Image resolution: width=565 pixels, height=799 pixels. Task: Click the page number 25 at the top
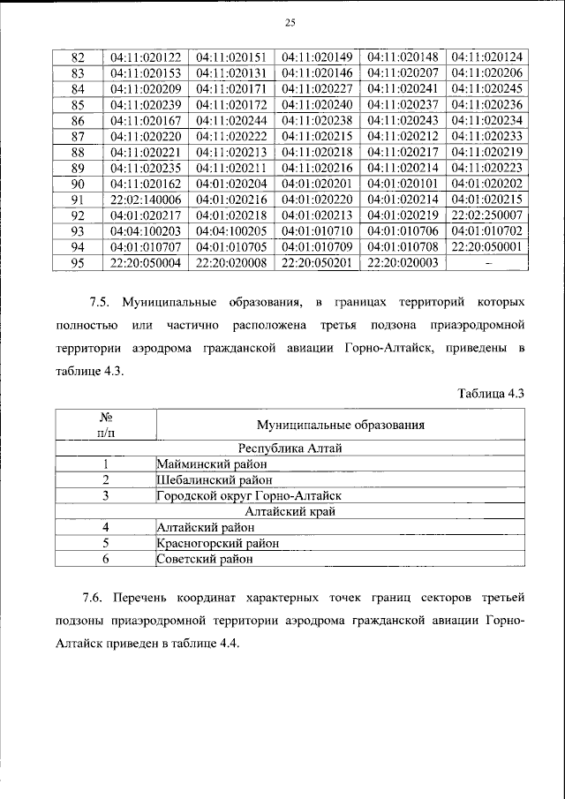pos(288,23)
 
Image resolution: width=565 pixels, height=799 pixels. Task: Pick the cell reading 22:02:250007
pos(486,215)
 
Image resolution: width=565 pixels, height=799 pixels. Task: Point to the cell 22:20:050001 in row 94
pos(486,247)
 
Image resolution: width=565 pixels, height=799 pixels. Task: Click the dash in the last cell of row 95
pos(486,263)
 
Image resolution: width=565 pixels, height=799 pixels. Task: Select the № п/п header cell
pos(105,425)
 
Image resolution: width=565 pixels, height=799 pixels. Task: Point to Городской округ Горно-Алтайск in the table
pos(248,495)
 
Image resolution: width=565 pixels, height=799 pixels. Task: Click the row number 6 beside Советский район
pos(105,559)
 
